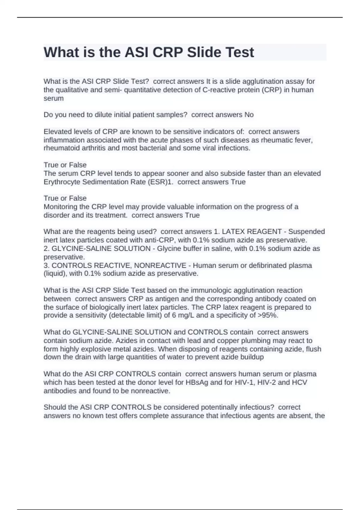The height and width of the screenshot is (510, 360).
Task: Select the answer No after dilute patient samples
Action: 249,115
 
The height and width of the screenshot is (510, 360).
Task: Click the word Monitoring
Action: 61,207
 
